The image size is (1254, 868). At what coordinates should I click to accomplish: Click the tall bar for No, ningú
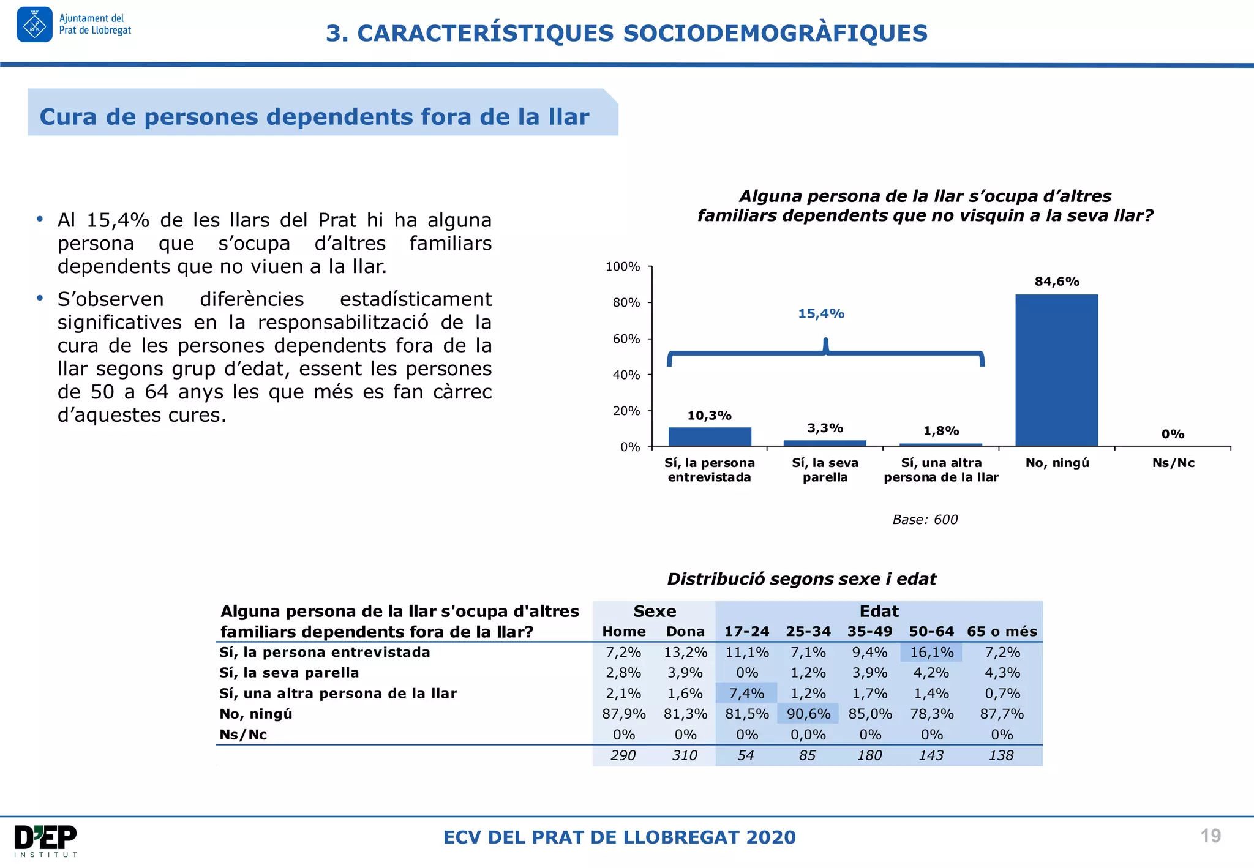[x=1056, y=370]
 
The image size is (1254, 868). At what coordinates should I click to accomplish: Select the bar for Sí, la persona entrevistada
[x=710, y=436]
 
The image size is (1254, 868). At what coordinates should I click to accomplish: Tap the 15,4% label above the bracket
[x=820, y=313]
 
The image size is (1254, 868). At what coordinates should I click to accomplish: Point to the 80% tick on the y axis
[x=626, y=302]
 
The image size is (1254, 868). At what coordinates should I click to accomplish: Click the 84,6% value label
[x=1057, y=282]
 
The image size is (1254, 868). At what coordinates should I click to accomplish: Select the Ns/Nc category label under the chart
[x=1173, y=463]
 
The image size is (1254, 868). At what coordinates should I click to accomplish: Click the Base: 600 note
[x=925, y=520]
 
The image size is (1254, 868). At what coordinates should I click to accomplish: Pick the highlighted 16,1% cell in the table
[x=931, y=653]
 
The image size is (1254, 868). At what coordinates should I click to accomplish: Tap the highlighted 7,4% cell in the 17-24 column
[x=746, y=694]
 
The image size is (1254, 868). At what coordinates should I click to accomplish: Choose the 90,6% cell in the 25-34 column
[x=808, y=714]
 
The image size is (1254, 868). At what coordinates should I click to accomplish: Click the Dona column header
[x=685, y=632]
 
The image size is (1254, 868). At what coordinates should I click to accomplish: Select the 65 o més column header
[x=1002, y=632]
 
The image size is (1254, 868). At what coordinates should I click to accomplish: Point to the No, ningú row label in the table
[x=256, y=714]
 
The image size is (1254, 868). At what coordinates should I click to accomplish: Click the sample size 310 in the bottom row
[x=685, y=755]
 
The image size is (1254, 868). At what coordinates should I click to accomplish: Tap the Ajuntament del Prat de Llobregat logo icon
[x=34, y=25]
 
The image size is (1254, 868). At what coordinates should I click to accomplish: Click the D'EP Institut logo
[x=46, y=840]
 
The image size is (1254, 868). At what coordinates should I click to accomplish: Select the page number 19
[x=1211, y=836]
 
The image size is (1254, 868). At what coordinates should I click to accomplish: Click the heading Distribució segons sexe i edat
[x=802, y=579]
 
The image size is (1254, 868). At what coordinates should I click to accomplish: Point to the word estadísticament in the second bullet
[x=415, y=299]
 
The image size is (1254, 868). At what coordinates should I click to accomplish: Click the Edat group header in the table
[x=879, y=612]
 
